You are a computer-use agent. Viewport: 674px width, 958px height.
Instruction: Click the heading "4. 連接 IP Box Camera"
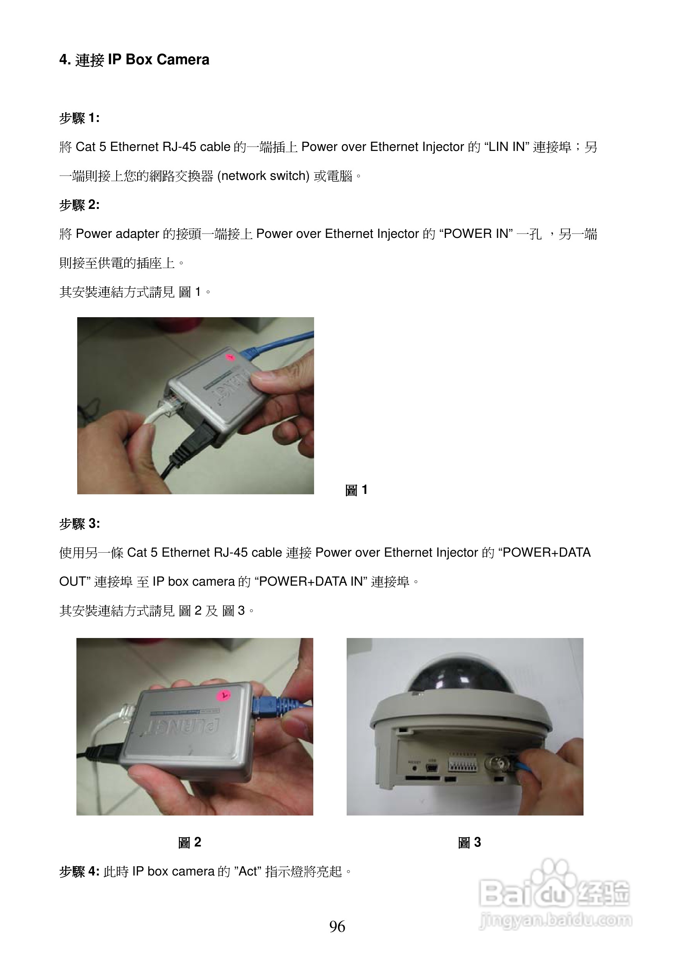tap(134, 60)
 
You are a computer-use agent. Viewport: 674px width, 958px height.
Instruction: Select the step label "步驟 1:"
tap(79, 118)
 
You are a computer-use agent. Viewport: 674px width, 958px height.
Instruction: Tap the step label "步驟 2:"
tap(79, 205)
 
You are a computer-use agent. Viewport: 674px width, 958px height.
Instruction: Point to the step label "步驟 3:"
tap(79, 524)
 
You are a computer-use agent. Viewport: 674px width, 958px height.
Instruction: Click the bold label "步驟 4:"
tap(79, 871)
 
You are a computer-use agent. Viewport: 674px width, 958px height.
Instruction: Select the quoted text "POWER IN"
tap(476, 233)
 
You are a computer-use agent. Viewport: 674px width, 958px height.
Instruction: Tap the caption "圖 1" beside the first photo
tap(356, 489)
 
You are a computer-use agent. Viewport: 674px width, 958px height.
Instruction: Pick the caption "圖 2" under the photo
tap(190, 842)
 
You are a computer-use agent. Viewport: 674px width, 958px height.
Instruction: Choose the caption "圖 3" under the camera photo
tap(469, 842)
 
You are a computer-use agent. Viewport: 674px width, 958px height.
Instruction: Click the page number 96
tap(337, 926)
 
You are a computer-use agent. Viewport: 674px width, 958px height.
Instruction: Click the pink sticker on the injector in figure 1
tap(229, 357)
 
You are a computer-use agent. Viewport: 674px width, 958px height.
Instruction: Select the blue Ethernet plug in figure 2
tap(267, 706)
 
